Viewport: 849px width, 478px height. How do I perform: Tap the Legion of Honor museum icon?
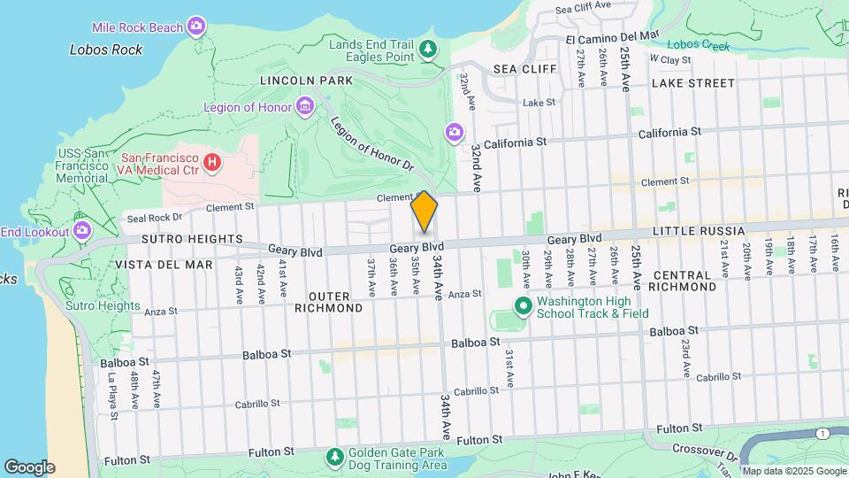point(305,107)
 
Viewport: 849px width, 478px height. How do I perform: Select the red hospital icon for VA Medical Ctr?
point(211,162)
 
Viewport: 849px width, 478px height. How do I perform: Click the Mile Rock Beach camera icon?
point(196,27)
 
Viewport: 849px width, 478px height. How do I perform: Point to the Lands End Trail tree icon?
point(428,49)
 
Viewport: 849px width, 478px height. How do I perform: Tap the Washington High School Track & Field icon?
point(523,307)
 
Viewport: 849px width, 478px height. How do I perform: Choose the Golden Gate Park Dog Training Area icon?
point(335,457)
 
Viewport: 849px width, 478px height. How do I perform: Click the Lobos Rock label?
point(106,50)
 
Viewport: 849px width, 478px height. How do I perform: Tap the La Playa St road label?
point(112,389)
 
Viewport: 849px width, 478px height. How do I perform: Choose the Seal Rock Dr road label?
point(154,217)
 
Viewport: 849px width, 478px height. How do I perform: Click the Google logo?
point(29,467)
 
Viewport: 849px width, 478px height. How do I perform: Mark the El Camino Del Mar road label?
point(613,37)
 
